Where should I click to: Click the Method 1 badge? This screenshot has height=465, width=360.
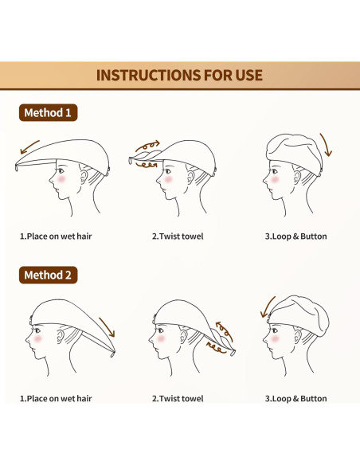(x=48, y=113)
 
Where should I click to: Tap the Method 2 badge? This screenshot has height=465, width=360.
(x=48, y=275)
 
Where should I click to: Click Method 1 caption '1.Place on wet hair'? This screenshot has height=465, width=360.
(x=56, y=236)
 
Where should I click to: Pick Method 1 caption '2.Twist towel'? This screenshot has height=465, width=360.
(x=178, y=236)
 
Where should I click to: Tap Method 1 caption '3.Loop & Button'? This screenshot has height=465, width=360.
(x=296, y=236)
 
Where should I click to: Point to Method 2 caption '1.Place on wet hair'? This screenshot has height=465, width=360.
(x=56, y=399)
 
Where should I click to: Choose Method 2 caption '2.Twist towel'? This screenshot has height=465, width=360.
(x=178, y=399)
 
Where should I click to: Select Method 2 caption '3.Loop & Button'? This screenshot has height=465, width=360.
(x=296, y=399)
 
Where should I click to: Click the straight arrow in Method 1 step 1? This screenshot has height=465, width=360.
(x=29, y=147)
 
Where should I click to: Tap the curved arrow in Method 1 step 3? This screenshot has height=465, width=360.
(x=327, y=144)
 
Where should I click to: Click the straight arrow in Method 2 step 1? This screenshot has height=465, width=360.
(x=107, y=327)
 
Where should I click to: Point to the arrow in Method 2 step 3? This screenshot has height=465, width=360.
(x=267, y=307)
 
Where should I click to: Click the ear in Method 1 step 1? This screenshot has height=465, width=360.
(x=84, y=177)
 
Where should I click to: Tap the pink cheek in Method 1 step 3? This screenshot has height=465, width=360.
(x=275, y=179)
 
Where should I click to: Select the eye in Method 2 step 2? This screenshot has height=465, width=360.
(x=160, y=330)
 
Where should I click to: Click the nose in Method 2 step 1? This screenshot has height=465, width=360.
(x=28, y=339)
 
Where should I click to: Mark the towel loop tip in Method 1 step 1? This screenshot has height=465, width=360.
(x=16, y=168)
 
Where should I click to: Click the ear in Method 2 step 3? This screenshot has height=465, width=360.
(x=297, y=337)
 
